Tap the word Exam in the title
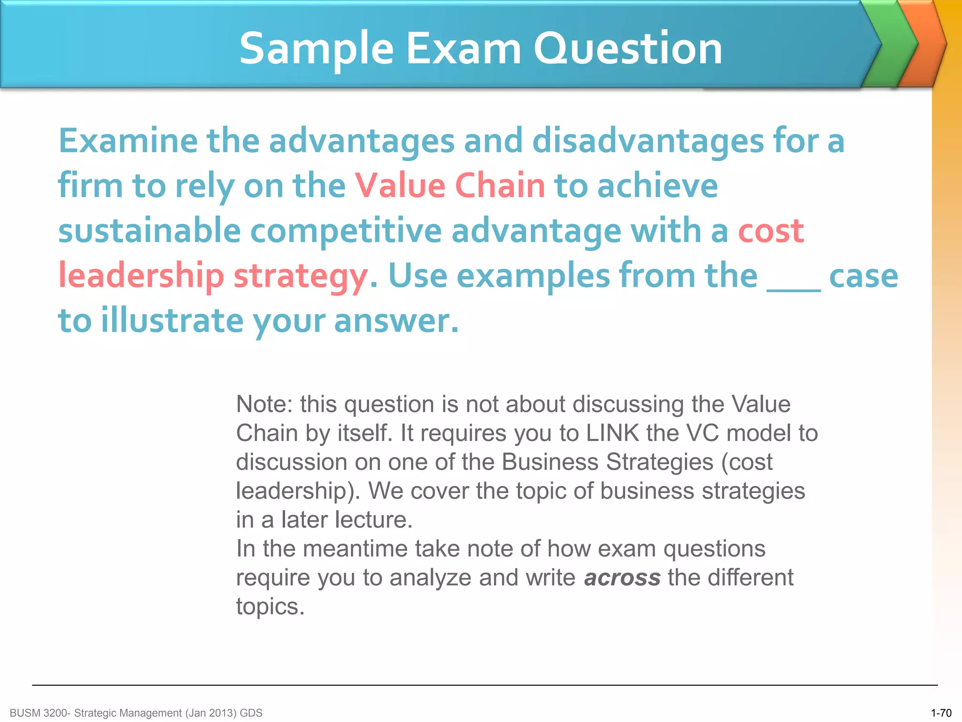(463, 48)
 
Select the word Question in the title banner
(628, 48)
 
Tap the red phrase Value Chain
(450, 186)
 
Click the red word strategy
(301, 276)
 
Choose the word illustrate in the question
(172, 321)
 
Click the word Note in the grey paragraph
(263, 404)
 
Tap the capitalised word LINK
(613, 433)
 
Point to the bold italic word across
(622, 578)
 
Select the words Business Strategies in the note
(607, 462)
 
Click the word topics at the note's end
(270, 606)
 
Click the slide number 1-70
(941, 713)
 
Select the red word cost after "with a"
(771, 231)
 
